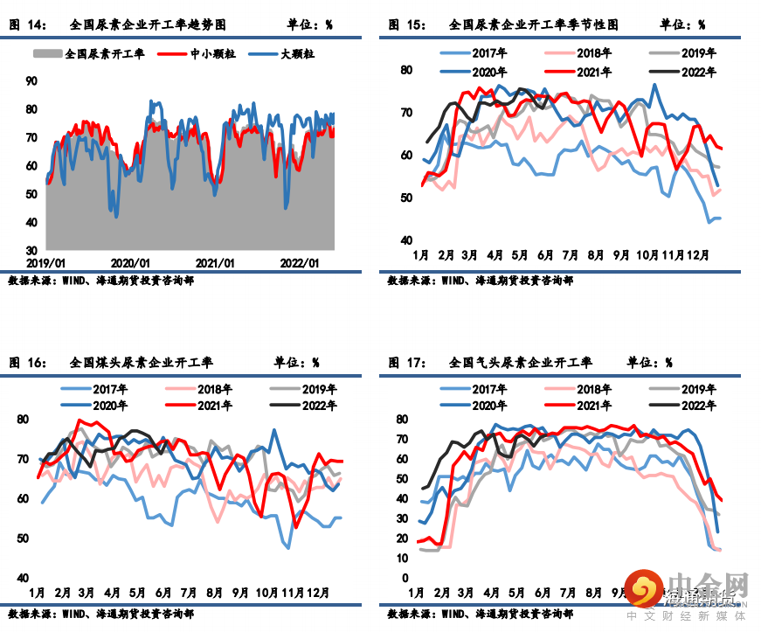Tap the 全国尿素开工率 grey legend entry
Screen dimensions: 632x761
(95, 54)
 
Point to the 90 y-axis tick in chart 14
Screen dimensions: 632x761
(31, 80)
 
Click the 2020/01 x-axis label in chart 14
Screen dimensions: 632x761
(131, 262)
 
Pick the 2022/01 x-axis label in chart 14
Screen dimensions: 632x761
(300, 262)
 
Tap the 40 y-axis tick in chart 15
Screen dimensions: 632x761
(406, 240)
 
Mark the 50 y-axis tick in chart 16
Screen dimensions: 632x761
(23, 538)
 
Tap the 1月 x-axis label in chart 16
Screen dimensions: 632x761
(38, 593)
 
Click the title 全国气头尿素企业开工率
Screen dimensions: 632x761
(520, 362)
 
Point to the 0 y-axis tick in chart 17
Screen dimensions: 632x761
(405, 578)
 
